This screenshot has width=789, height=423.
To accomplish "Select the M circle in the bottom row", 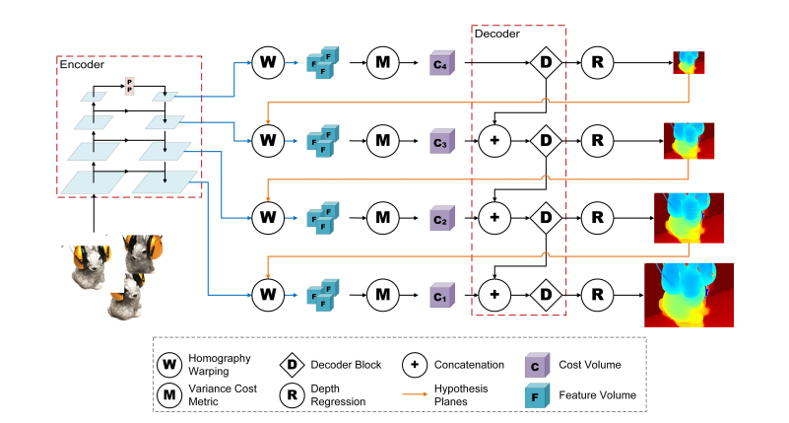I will pyautogui.click(x=382, y=293).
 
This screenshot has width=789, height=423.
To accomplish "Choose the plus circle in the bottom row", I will pyautogui.click(x=493, y=293).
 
